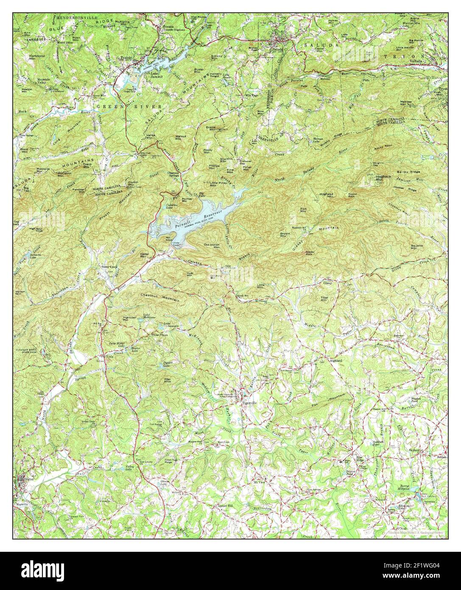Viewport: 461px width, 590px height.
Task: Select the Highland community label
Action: coord(336,360)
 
